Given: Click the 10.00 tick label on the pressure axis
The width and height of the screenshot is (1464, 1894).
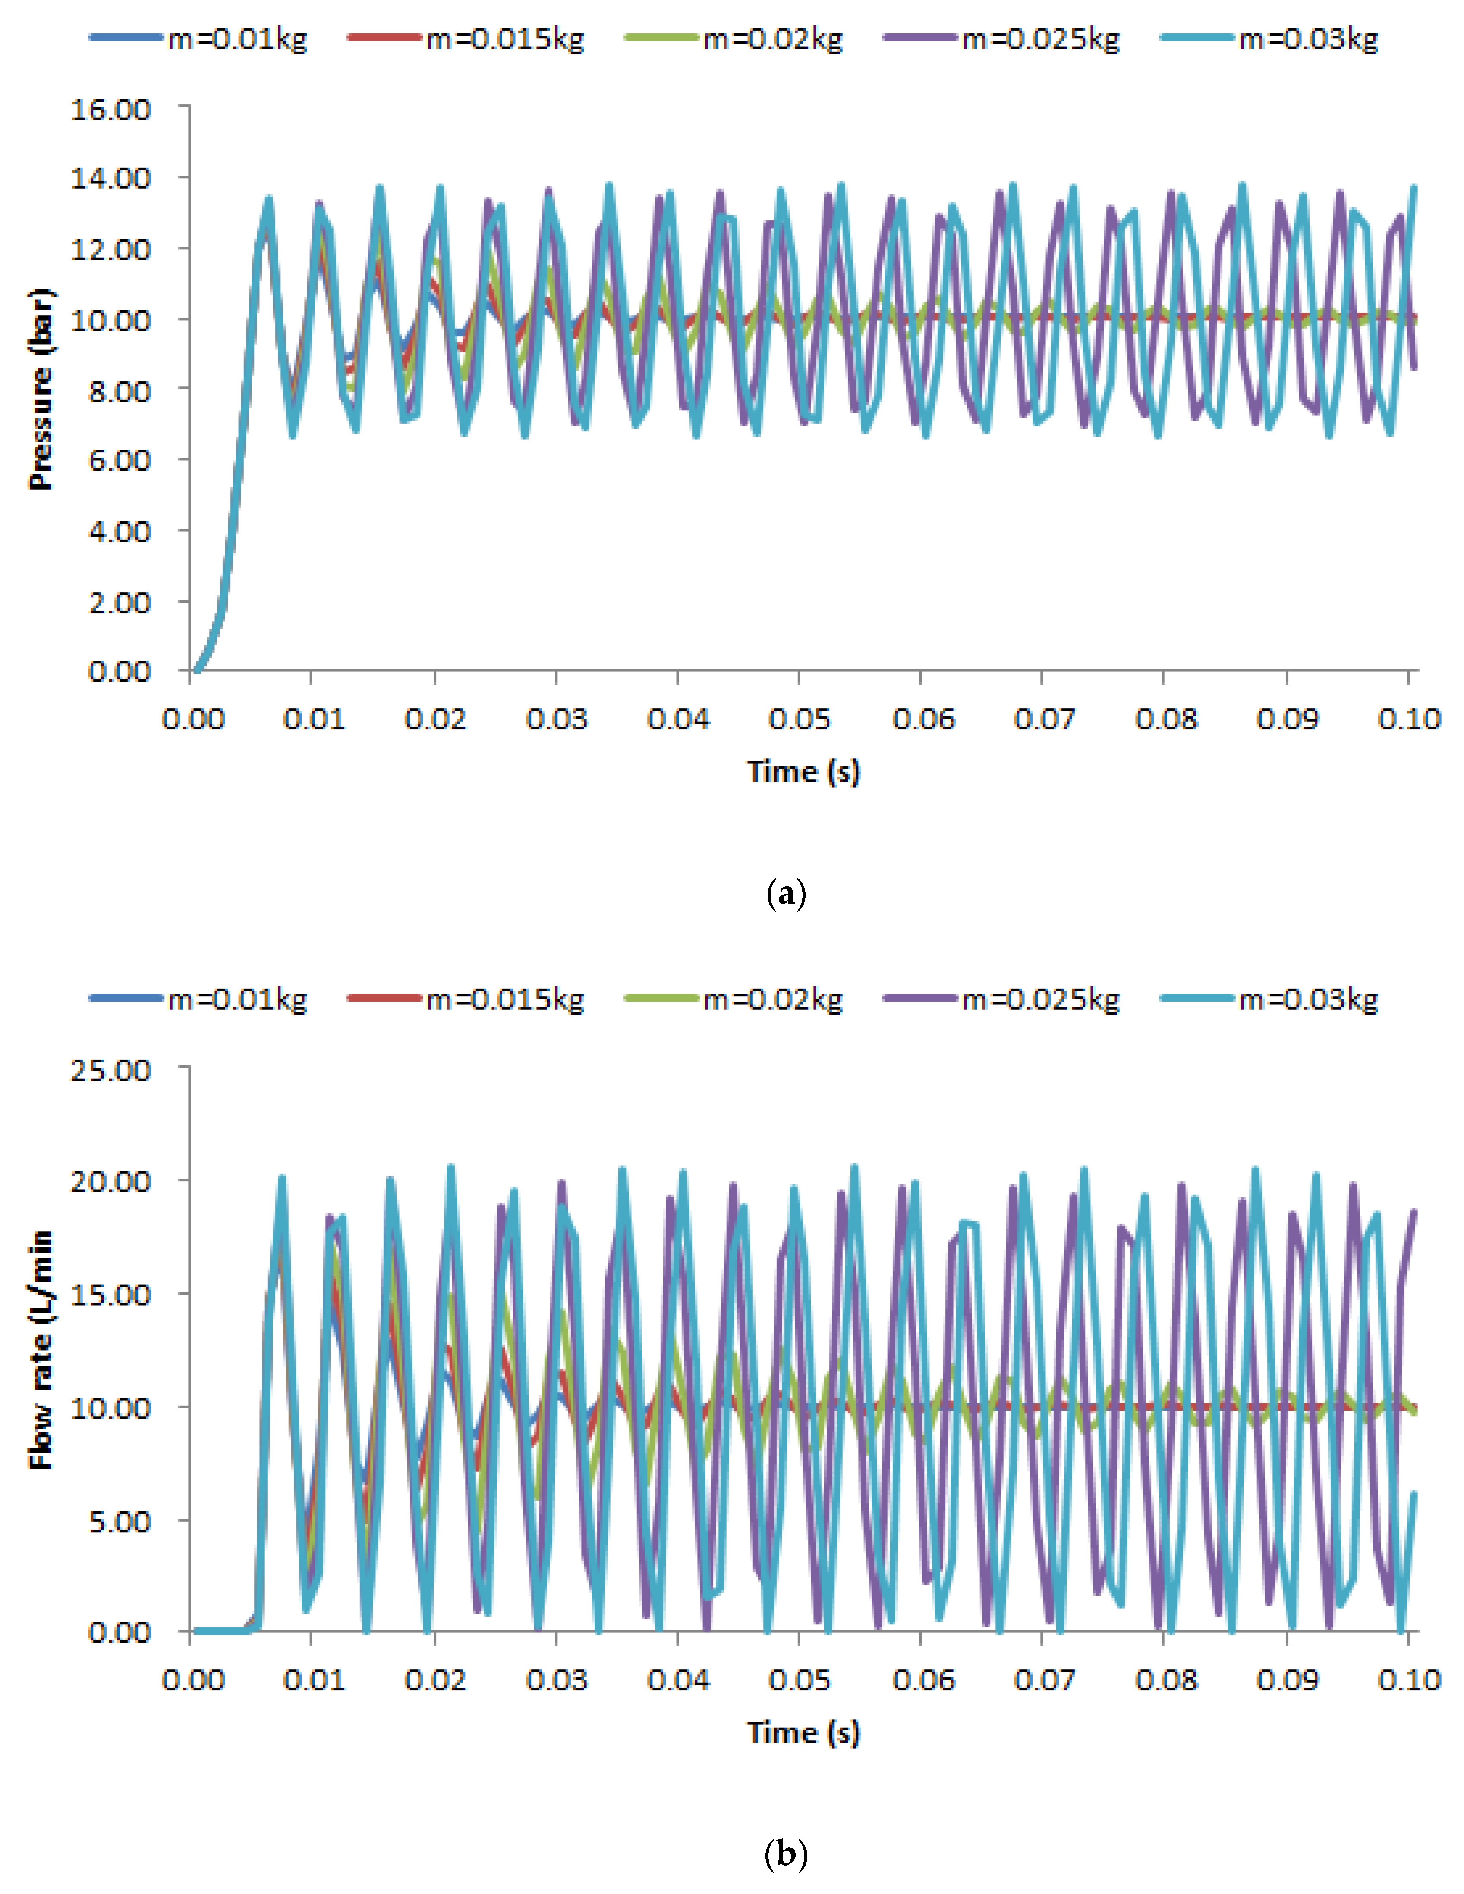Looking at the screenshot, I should [111, 320].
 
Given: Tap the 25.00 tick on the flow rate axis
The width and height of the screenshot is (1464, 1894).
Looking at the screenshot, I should [111, 1070].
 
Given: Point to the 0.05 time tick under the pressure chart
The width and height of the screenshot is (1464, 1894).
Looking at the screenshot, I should [799, 719].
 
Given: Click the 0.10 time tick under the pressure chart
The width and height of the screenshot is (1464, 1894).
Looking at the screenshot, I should [1408, 719].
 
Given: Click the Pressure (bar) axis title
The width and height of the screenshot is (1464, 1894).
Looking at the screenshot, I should [41, 389].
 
